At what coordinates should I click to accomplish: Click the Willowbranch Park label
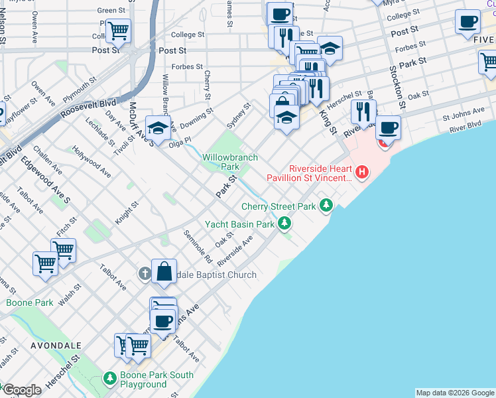[229, 162]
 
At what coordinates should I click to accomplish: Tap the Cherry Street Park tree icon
[326, 206]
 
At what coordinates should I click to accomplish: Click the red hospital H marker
[362, 174]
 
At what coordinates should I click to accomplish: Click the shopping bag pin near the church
[164, 271]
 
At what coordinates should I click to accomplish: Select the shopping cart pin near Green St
[118, 31]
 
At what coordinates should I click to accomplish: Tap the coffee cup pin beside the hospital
[388, 127]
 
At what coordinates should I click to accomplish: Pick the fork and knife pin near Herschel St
[363, 111]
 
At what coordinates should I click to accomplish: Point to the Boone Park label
[29, 302]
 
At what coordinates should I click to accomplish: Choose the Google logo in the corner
[22, 390]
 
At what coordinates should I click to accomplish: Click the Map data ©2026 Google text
[455, 393]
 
